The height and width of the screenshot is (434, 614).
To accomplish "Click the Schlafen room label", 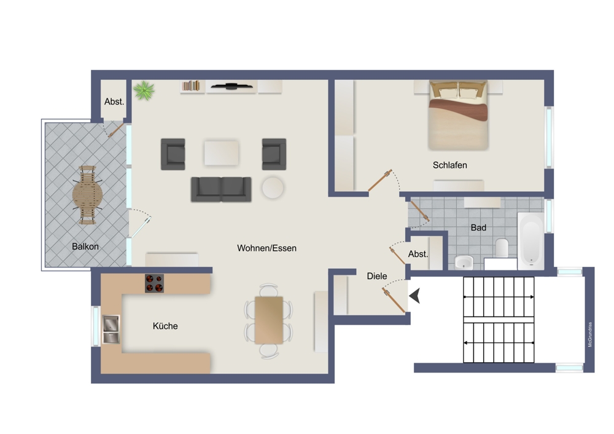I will point(449,165).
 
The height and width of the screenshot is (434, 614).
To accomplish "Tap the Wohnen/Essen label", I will point(266,248).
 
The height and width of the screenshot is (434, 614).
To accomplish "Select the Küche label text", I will point(165,326).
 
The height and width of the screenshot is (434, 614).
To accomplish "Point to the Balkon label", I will point(85,247).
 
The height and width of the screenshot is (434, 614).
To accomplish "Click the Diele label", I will point(377,276).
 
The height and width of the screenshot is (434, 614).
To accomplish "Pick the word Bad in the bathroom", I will point(478,228).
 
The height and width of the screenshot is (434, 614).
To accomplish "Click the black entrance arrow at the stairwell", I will point(416,296).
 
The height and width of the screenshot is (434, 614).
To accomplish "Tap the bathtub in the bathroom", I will point(530,241).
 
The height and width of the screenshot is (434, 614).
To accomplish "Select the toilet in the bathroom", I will point(502,248).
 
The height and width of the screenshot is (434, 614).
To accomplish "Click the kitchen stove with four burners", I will point(154,283).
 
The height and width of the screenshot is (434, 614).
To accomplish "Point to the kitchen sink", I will point(111,329).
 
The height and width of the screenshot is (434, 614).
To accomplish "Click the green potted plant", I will point(144,90).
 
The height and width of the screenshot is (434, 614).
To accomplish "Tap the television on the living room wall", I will point(232,87).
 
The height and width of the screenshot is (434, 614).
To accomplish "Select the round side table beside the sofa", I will point(272,187).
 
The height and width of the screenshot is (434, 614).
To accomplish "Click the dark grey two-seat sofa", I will point(221,189).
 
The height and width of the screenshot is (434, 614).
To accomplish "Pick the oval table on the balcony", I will point(87,195).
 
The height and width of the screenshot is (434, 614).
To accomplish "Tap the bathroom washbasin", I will point(463,262).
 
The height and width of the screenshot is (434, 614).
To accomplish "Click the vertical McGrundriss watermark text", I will point(590,334).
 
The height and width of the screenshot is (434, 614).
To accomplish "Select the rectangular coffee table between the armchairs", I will point(221,153).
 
